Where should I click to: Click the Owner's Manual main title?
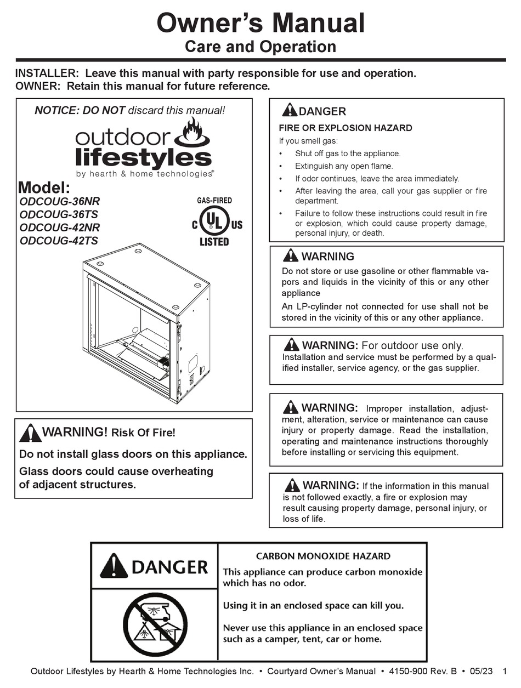(x=260, y=23)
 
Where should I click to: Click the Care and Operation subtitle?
(x=260, y=47)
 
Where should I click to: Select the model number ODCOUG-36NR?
(x=60, y=201)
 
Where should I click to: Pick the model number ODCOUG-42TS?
(x=59, y=241)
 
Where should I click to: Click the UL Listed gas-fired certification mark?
(x=214, y=222)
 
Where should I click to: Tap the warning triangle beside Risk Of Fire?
(x=30, y=434)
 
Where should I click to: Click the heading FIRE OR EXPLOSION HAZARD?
(x=346, y=128)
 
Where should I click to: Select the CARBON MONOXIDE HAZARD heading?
(x=322, y=556)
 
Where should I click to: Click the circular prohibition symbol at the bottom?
(x=154, y=622)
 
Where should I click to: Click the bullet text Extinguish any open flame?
(x=344, y=166)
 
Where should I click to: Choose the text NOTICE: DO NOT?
(x=80, y=110)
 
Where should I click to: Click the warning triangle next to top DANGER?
(x=290, y=110)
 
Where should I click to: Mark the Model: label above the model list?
(x=44, y=187)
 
